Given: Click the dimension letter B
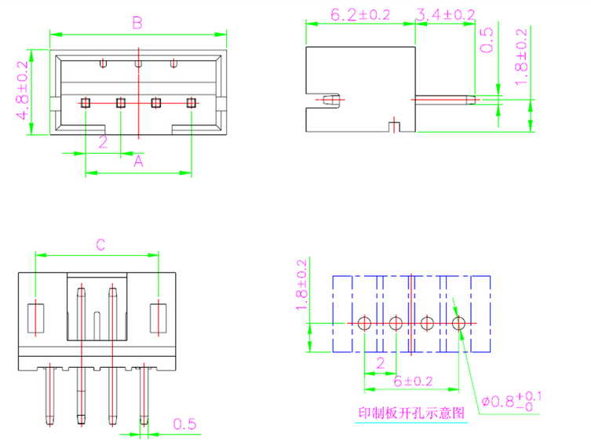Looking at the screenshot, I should (x=137, y=24).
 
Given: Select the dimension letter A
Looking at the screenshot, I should (x=138, y=161).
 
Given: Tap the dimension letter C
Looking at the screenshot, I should (x=100, y=245).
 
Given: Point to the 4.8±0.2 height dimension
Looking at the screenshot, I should (x=23, y=93).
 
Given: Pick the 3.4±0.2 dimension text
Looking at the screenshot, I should (x=445, y=14).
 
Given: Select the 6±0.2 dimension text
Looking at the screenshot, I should (x=413, y=380).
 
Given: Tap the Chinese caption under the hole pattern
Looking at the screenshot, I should (x=411, y=413).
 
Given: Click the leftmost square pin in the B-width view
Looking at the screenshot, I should (x=86, y=102).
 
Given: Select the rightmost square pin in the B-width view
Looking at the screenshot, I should (x=192, y=102).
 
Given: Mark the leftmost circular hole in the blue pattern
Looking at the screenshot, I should (x=364, y=323).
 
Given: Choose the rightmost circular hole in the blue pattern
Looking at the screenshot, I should (x=459, y=323).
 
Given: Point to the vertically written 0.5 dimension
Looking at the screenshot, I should (x=487, y=39).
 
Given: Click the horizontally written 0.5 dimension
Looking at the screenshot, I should (x=185, y=424).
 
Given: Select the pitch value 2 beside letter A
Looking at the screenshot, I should (x=103, y=142).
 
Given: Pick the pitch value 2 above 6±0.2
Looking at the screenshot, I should (x=380, y=362).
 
